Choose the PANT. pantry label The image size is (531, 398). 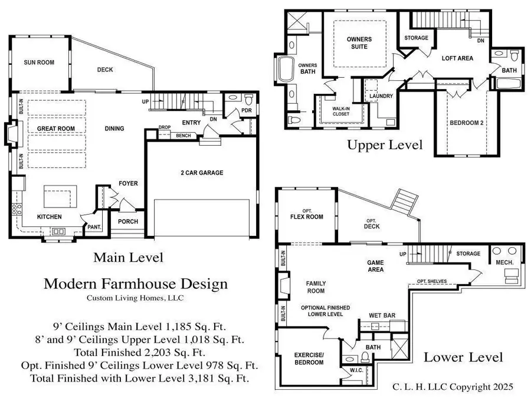click(x=93, y=226)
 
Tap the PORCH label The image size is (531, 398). click(x=128, y=222)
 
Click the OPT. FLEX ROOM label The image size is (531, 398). click(x=307, y=213)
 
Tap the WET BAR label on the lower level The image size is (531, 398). click(x=381, y=315)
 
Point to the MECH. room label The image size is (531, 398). click(x=503, y=262)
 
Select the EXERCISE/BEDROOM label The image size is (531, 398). click(x=309, y=358)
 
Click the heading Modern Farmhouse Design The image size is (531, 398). click(x=136, y=284)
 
